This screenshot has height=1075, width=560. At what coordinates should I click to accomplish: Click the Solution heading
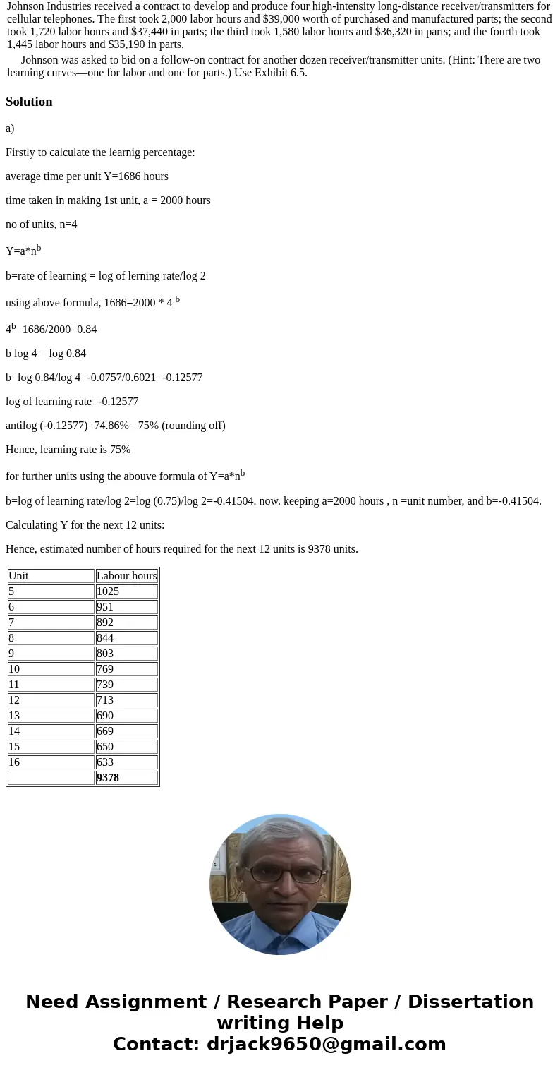(29, 102)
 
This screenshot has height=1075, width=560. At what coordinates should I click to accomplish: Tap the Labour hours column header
(126, 576)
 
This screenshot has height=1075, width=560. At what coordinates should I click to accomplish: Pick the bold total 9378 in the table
(108, 778)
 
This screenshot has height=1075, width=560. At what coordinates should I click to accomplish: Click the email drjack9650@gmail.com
(326, 1045)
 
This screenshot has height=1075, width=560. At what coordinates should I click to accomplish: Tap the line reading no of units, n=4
(42, 224)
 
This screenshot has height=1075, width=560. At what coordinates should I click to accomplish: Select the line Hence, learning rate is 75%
(68, 450)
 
